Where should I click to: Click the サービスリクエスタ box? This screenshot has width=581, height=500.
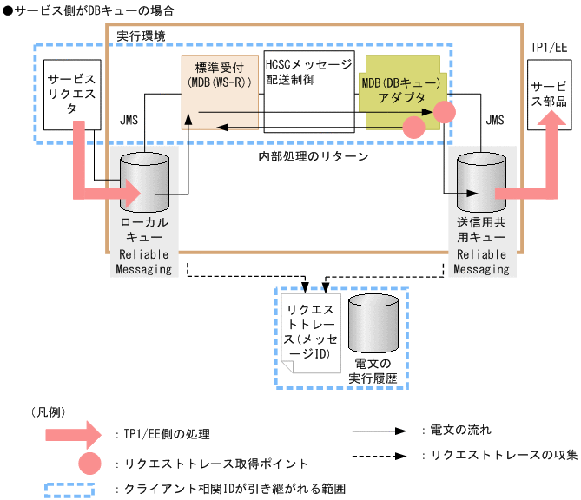70,92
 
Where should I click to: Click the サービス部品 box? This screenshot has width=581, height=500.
549,94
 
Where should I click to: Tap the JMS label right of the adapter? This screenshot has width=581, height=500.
494,119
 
